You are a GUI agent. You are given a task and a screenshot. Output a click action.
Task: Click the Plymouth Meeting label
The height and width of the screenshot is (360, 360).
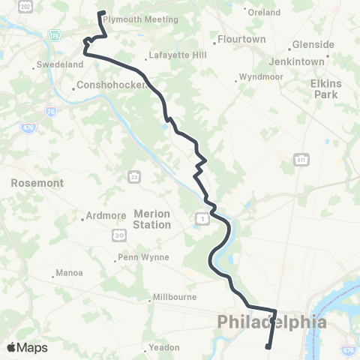click(139, 20)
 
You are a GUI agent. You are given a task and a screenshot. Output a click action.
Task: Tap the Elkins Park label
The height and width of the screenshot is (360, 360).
click(325, 89)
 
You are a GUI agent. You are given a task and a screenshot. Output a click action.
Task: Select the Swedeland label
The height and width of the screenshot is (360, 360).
click(58, 65)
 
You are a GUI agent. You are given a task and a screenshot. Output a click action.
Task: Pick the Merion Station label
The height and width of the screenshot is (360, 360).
click(152, 219)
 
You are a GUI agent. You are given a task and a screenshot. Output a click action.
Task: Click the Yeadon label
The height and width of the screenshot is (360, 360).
click(164, 347)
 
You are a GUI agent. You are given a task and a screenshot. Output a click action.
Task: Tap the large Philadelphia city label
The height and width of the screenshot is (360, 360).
click(271, 322)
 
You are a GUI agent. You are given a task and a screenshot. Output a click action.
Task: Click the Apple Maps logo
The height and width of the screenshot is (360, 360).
click(27, 347)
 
